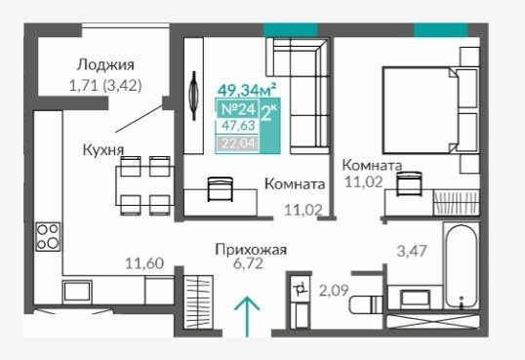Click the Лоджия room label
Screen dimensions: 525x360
[x=105, y=65]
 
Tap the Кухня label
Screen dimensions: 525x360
[x=103, y=150]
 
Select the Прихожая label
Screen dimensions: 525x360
[x=251, y=250]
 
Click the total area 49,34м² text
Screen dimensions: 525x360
[x=247, y=90]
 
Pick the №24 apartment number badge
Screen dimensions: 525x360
[x=238, y=109]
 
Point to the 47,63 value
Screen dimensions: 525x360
[x=239, y=126]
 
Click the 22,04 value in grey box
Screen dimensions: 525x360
[x=239, y=143]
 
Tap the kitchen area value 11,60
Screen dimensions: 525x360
[x=144, y=263]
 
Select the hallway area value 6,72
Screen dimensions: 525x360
[x=249, y=263]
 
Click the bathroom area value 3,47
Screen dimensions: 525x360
[x=412, y=251]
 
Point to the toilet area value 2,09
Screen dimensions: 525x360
[x=334, y=291]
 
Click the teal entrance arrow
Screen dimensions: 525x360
[x=247, y=316]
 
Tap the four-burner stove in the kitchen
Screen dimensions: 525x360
[x=48, y=237]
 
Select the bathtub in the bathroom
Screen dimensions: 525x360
[x=461, y=266]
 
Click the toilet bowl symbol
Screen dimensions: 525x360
[x=366, y=304]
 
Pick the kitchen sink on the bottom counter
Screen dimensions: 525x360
[x=77, y=292]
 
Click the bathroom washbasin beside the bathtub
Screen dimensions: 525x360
[x=416, y=298]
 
